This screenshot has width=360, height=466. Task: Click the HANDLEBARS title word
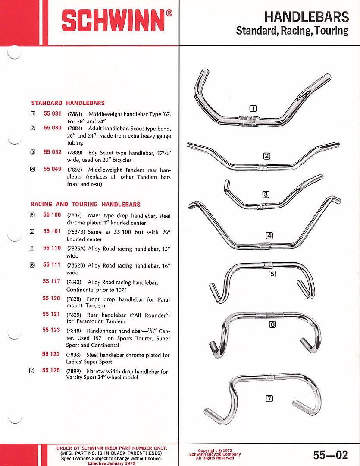[x=306, y=17]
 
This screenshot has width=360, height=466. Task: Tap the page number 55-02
[x=330, y=455]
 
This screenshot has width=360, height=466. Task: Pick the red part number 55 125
[x=51, y=371]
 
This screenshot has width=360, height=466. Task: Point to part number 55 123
[x=51, y=330]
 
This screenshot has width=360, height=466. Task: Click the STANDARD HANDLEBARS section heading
[x=68, y=103]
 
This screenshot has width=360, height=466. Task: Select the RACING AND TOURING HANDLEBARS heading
[x=85, y=204]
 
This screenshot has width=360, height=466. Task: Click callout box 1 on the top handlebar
[x=253, y=108]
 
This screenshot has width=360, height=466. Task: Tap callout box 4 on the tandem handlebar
[x=269, y=236]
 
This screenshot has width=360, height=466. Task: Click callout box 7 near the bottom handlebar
[x=269, y=399]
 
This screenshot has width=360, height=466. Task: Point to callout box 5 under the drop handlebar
[x=272, y=274]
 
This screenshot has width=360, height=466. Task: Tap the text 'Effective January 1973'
[x=112, y=463]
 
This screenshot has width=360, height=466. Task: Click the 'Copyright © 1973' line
[x=215, y=450]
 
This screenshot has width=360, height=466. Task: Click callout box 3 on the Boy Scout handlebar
[x=266, y=195]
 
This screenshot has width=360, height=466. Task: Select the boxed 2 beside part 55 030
[x=33, y=128]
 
